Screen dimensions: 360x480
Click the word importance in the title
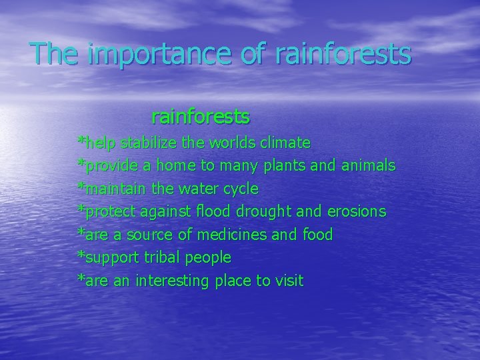click(143, 54)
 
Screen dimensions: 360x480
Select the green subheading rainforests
click(201, 117)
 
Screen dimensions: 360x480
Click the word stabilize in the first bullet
click(152, 143)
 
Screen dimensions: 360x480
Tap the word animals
click(367, 165)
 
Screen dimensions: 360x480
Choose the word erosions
click(357, 212)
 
